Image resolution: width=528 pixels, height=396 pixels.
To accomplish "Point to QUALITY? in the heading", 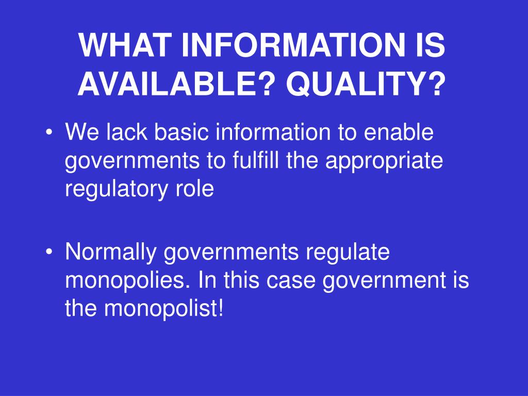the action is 366,84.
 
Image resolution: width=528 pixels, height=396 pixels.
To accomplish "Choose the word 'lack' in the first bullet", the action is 127,131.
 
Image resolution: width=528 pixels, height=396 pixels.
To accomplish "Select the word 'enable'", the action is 399,131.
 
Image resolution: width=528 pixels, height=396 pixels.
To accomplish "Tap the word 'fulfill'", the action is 256,160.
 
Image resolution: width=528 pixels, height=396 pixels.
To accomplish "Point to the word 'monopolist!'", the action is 163,308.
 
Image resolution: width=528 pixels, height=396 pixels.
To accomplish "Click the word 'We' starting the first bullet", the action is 82,131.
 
